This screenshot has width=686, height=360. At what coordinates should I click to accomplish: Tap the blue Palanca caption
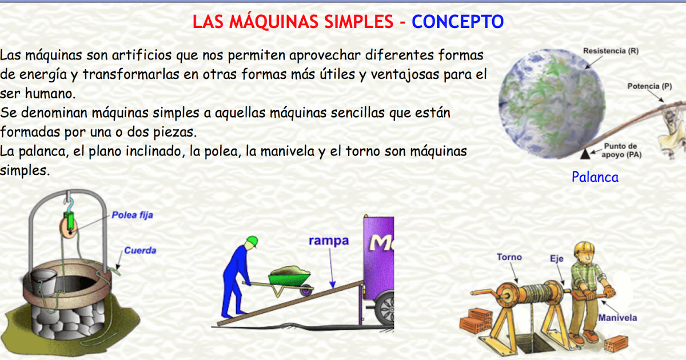click(595, 177)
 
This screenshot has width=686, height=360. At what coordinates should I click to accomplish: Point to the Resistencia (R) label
click(611, 51)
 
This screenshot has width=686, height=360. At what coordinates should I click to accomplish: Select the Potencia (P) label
click(649, 86)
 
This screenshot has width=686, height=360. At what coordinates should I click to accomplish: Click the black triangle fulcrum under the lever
click(585, 154)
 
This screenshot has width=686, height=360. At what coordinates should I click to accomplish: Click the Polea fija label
click(132, 215)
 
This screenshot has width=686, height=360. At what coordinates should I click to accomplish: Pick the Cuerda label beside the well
click(140, 250)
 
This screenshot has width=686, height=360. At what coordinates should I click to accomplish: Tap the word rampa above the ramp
click(329, 241)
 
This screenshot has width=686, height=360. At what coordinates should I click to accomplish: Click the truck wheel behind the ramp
click(385, 309)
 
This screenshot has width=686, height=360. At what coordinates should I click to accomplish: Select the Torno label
click(509, 257)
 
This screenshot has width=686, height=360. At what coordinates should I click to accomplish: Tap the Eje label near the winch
click(556, 259)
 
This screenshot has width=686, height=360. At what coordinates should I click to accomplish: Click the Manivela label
click(617, 318)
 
